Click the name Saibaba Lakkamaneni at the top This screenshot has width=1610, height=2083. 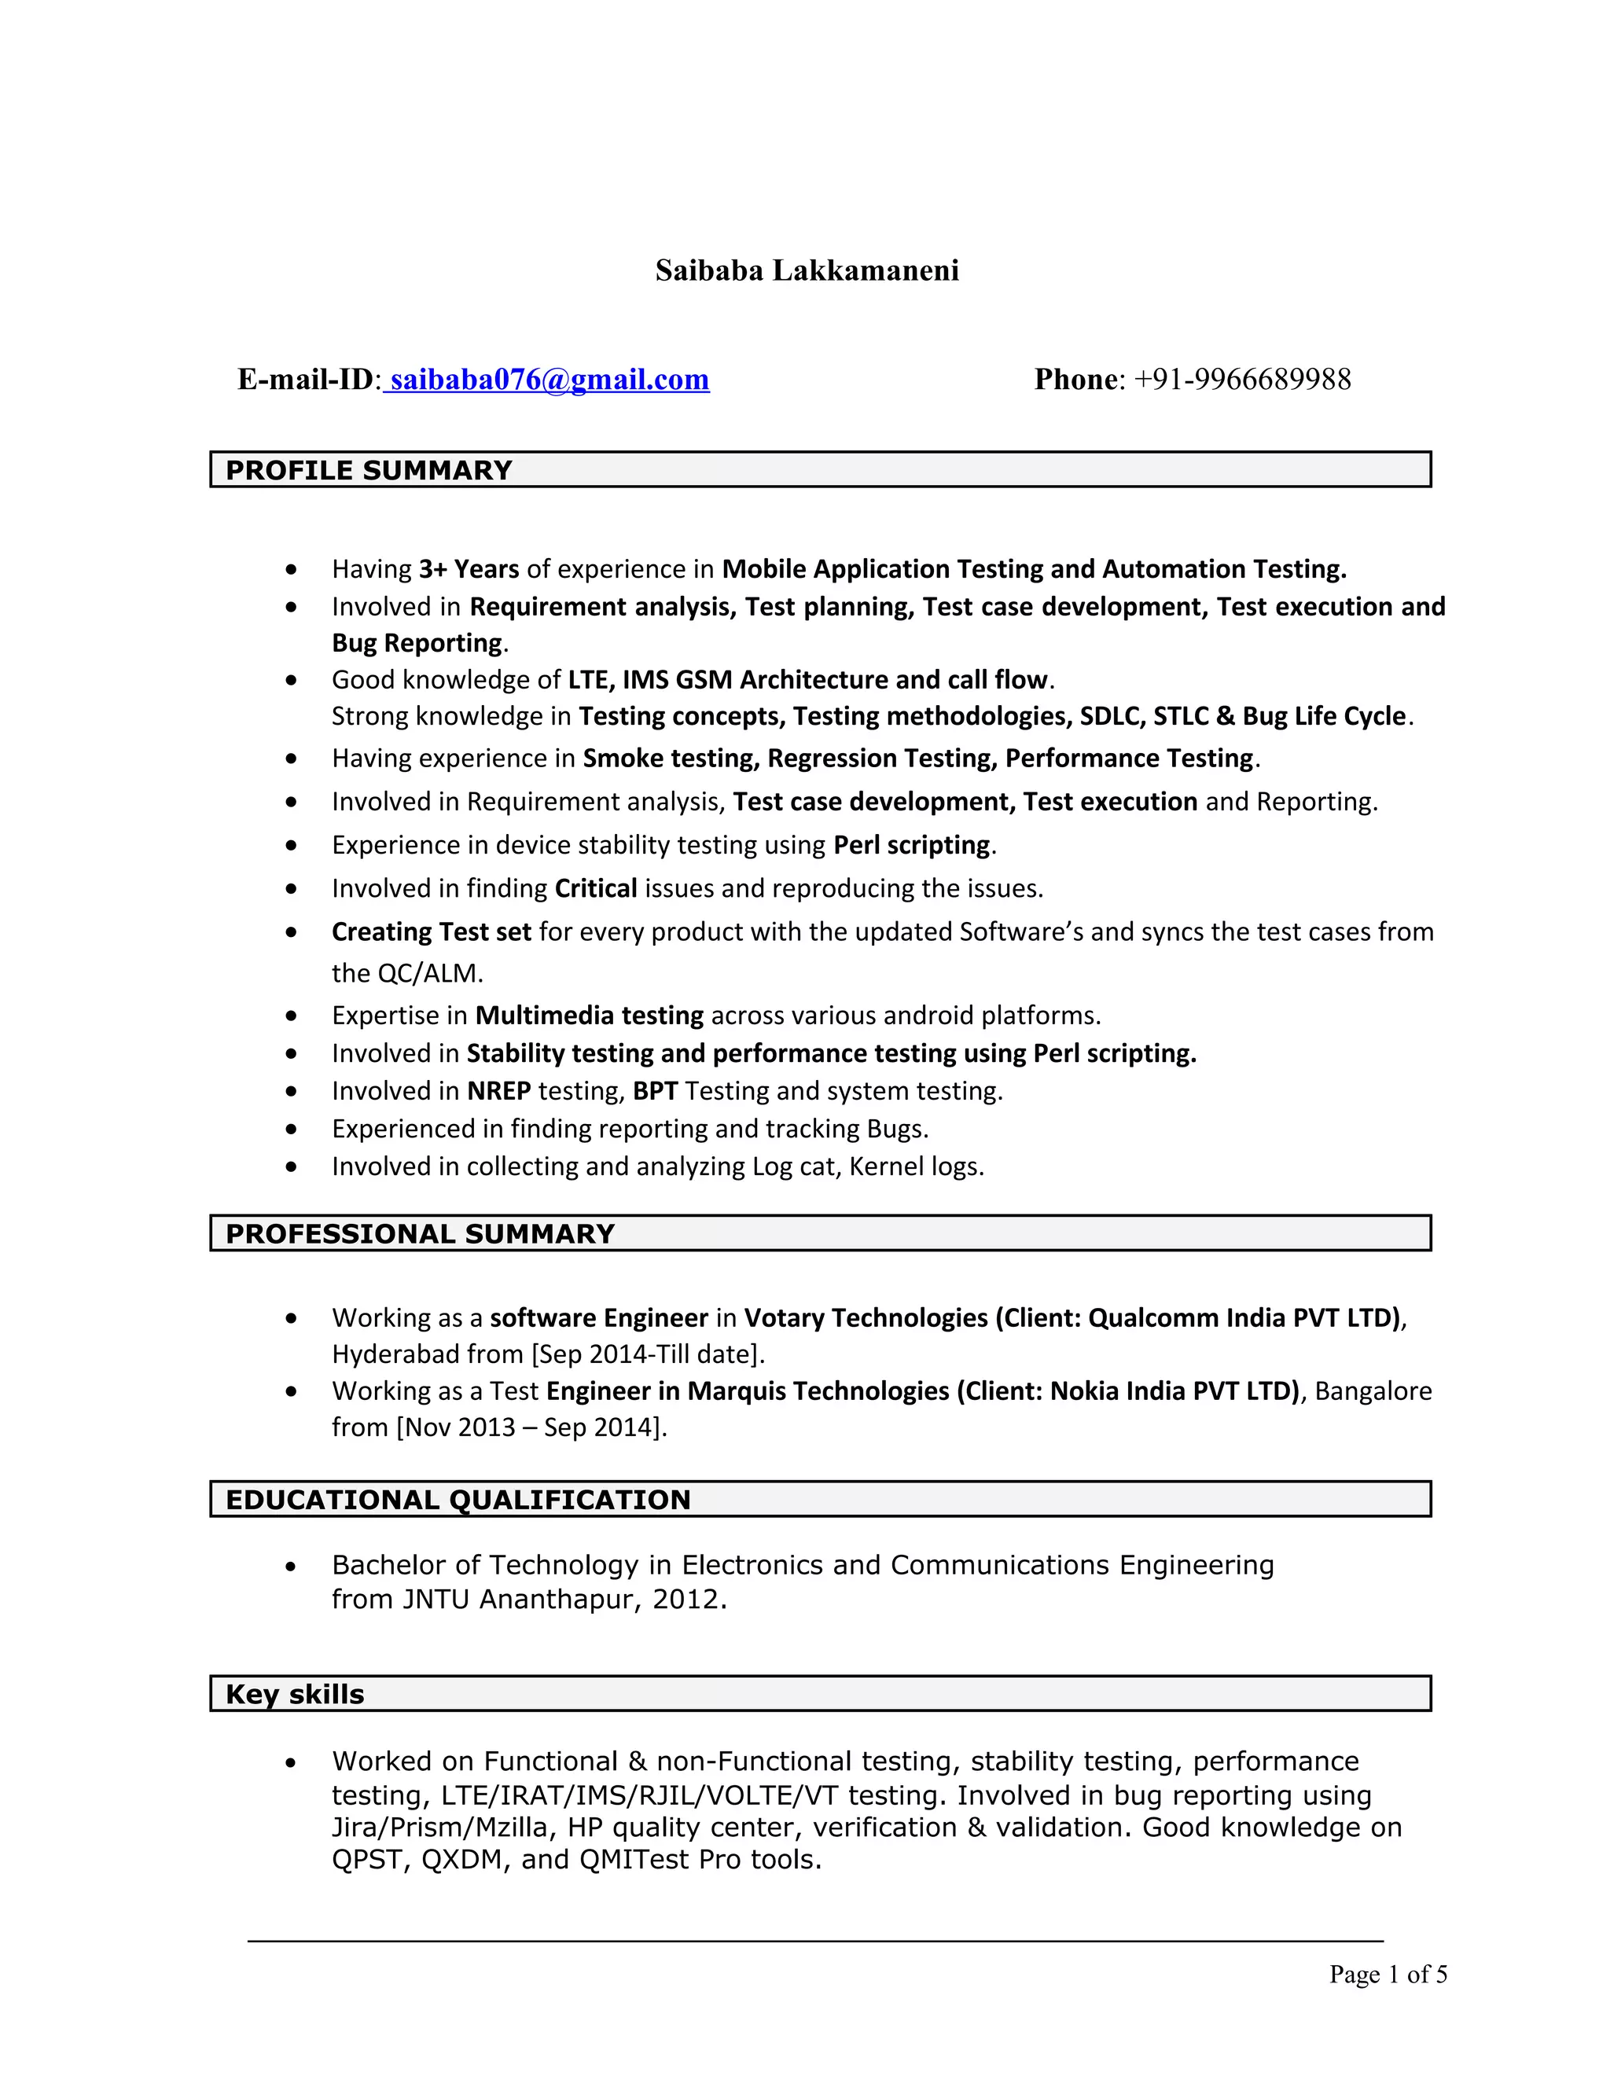point(806,271)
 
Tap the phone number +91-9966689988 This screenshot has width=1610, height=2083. point(1242,380)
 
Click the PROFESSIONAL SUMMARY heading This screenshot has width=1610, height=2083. point(420,1233)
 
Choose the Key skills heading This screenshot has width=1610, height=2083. point(295,1694)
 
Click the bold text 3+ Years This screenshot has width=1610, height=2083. point(469,569)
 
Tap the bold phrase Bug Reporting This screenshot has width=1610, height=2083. point(417,643)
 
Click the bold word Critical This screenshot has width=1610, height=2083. point(595,888)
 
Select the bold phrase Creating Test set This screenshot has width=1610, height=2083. point(431,931)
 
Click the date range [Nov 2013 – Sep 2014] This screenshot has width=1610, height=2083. point(531,1427)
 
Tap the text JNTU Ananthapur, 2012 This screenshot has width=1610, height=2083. point(563,1599)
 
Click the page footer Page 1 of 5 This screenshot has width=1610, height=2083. point(1388,1975)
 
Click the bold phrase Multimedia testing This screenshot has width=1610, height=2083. point(589,1015)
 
